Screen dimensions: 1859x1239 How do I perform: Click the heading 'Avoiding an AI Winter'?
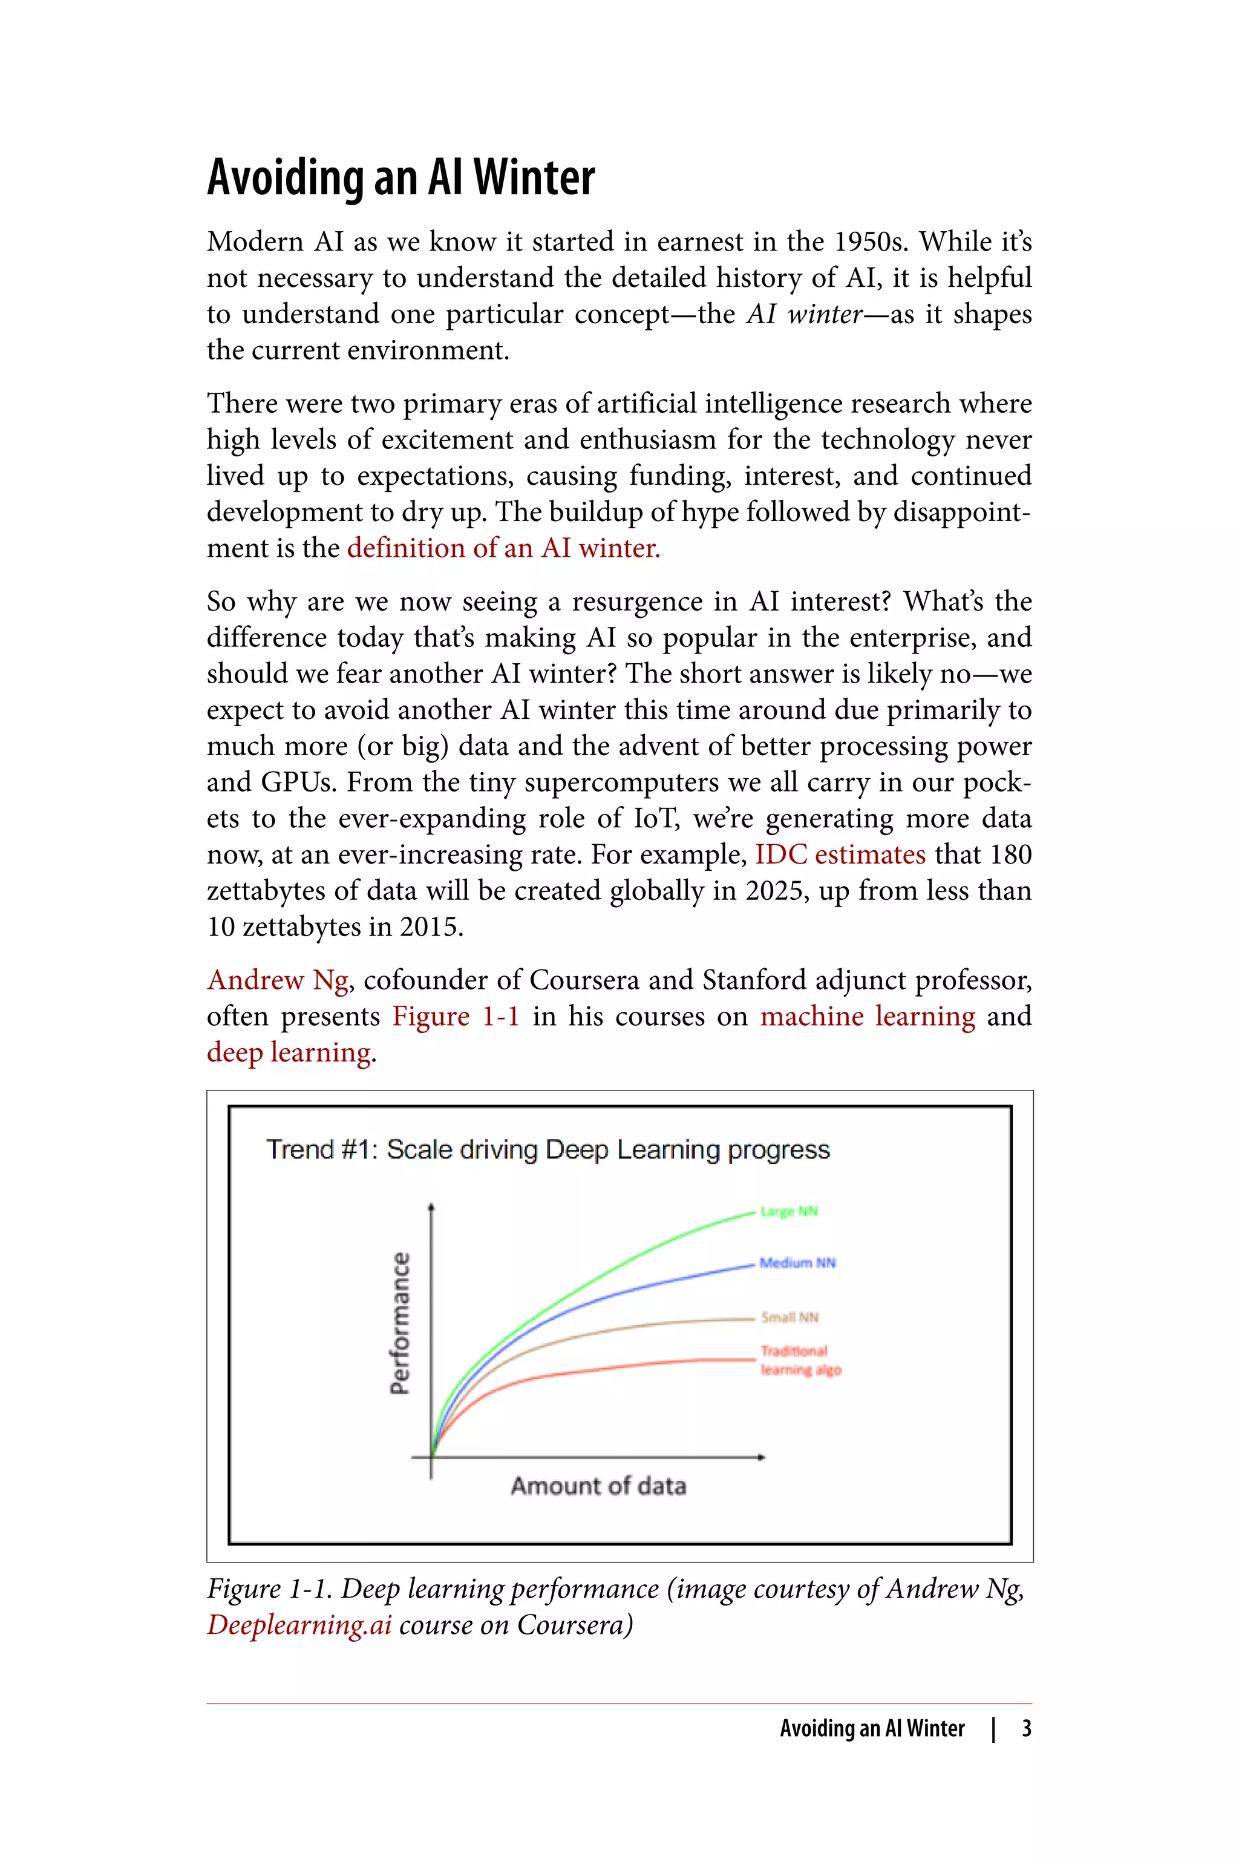coord(400,177)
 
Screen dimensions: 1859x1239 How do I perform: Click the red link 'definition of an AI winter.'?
coord(503,548)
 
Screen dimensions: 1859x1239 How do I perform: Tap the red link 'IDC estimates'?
coord(840,854)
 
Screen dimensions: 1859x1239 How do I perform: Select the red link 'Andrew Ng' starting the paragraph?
coord(277,980)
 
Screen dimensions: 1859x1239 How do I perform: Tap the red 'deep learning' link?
coord(289,1052)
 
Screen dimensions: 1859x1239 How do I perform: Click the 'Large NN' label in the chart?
coord(789,1211)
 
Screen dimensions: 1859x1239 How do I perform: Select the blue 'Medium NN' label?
coord(797,1263)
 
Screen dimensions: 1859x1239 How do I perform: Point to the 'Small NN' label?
coord(789,1317)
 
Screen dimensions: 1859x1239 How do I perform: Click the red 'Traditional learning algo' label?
coord(800,1360)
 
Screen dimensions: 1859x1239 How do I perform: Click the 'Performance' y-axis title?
coord(400,1324)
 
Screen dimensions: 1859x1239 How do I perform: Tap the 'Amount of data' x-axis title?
coord(598,1486)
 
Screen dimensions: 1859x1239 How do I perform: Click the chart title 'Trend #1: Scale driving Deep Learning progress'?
coord(548,1149)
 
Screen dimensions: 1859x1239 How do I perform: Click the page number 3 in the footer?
coord(1025,1728)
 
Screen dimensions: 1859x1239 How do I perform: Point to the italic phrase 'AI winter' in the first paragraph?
coord(805,314)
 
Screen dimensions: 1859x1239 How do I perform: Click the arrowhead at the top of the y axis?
coord(431,1206)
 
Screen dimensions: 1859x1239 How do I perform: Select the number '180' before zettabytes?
coord(1011,854)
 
